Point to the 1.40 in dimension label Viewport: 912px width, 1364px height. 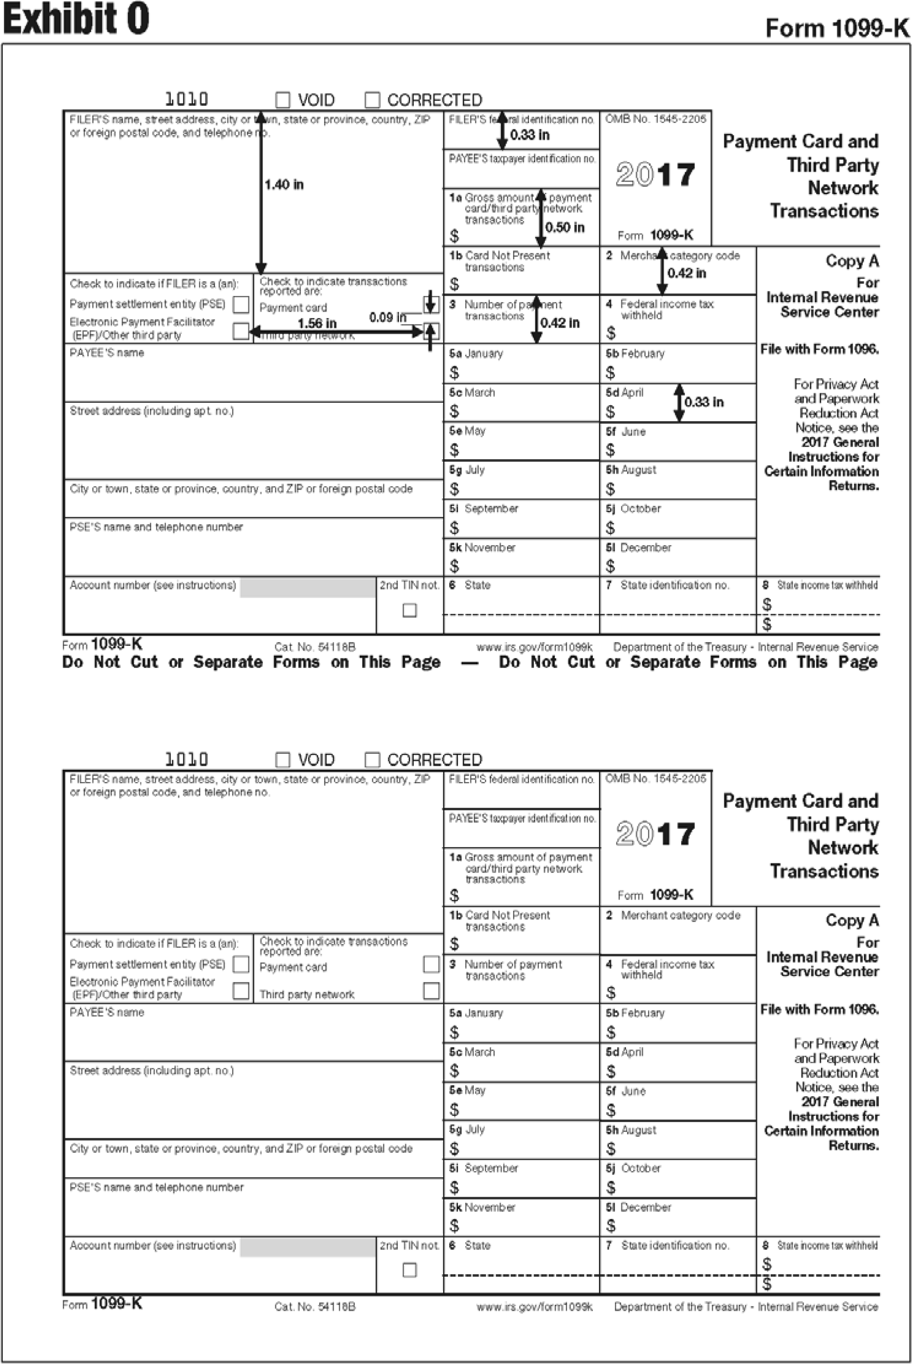(x=284, y=185)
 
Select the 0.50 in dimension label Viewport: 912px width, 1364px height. (x=565, y=227)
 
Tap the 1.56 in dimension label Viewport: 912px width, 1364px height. (x=317, y=324)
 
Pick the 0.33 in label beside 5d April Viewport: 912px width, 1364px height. (x=704, y=402)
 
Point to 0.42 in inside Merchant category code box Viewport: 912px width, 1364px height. (x=687, y=273)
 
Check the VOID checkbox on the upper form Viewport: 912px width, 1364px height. (x=283, y=100)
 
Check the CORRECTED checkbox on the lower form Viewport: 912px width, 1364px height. (x=372, y=760)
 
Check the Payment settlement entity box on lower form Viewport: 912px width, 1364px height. (x=240, y=964)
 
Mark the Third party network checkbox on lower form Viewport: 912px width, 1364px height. (x=431, y=990)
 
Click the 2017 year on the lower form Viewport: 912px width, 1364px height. (x=655, y=834)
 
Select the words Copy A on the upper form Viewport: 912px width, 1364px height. (x=852, y=261)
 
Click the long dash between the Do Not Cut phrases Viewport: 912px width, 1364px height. (x=470, y=663)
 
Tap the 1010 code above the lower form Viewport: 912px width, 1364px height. (x=187, y=759)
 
